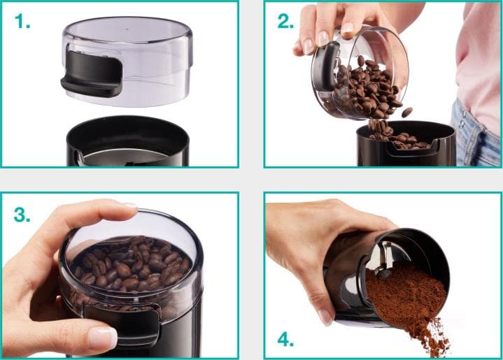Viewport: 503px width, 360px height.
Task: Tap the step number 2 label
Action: coord(285,22)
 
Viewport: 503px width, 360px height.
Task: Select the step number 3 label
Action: coord(22,215)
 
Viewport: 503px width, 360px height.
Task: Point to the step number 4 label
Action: coord(285,340)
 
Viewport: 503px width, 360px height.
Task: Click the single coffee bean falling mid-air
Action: coord(406,112)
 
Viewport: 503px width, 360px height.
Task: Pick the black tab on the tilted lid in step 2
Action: coord(325,67)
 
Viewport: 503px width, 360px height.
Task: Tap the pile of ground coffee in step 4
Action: coord(409,297)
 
